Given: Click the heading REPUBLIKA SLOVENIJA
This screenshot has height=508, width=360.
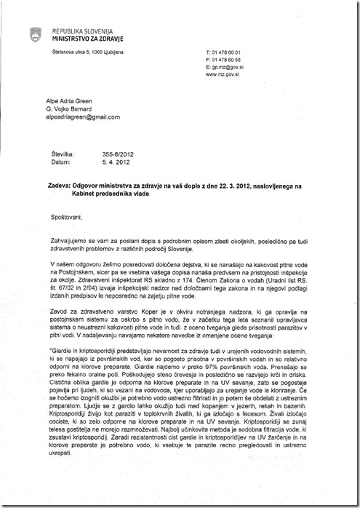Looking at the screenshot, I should (x=83, y=33).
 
